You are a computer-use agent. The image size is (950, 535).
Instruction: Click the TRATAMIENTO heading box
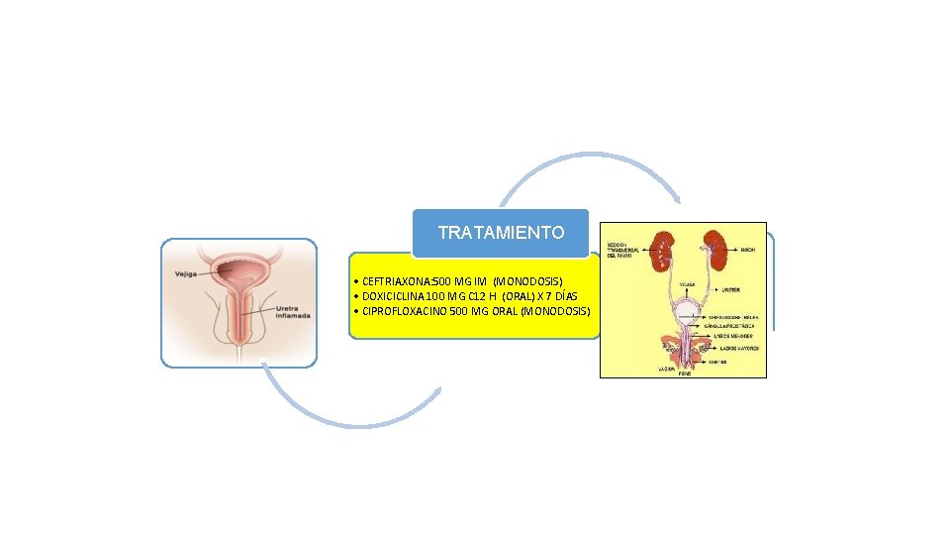click(x=501, y=233)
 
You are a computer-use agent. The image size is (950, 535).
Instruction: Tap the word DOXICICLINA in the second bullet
click(x=394, y=296)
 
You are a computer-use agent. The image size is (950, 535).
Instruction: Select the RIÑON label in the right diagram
click(x=748, y=251)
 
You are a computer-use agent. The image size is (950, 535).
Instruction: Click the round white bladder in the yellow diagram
click(x=684, y=308)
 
